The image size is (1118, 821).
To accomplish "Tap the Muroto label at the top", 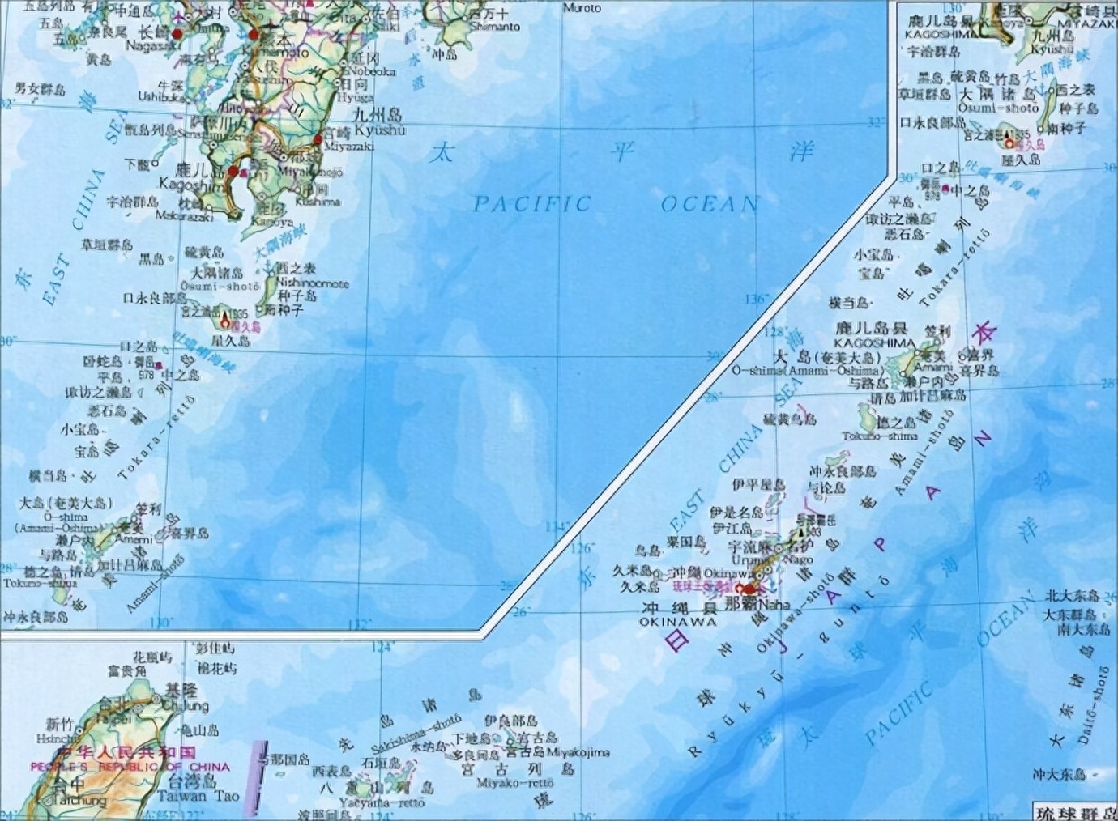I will click(582, 8).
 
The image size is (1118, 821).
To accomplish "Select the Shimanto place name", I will click(494, 27).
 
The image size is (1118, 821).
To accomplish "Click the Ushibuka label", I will click(161, 96).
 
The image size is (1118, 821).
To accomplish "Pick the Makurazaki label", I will click(183, 216).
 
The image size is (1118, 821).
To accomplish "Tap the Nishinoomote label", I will click(312, 283).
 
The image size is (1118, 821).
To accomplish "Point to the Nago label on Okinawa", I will click(798, 559).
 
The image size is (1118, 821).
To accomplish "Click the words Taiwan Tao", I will click(198, 795).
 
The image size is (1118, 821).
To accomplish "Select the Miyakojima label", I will click(578, 752).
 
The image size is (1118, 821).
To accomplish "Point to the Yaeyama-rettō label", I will click(382, 802).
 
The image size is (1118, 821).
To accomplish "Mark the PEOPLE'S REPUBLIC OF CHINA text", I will click(130, 767).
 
